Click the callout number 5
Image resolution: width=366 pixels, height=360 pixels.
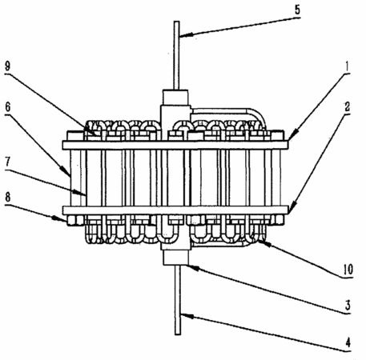pos(297,10)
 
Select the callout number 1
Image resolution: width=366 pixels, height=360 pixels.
pos(347,66)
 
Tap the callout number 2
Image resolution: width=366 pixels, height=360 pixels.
pos(347,107)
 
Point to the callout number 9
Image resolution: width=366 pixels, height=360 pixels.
pos(8,66)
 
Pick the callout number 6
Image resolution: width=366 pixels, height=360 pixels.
pos(8,107)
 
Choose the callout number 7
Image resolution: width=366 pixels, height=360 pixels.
pos(8,162)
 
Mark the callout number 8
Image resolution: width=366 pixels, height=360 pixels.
pos(8,198)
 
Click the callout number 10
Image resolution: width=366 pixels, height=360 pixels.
pos(348,270)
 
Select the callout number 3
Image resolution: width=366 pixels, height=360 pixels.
pos(348,306)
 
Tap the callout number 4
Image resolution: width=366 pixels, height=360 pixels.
pos(348,342)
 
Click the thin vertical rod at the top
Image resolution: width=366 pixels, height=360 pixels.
pos(176,55)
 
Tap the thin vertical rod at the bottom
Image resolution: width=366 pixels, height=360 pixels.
pos(178,300)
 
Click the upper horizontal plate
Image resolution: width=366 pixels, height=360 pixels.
pos(175,145)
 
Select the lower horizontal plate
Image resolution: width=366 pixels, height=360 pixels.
pos(175,210)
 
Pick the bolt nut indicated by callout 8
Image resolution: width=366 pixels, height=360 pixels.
pos(75,220)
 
